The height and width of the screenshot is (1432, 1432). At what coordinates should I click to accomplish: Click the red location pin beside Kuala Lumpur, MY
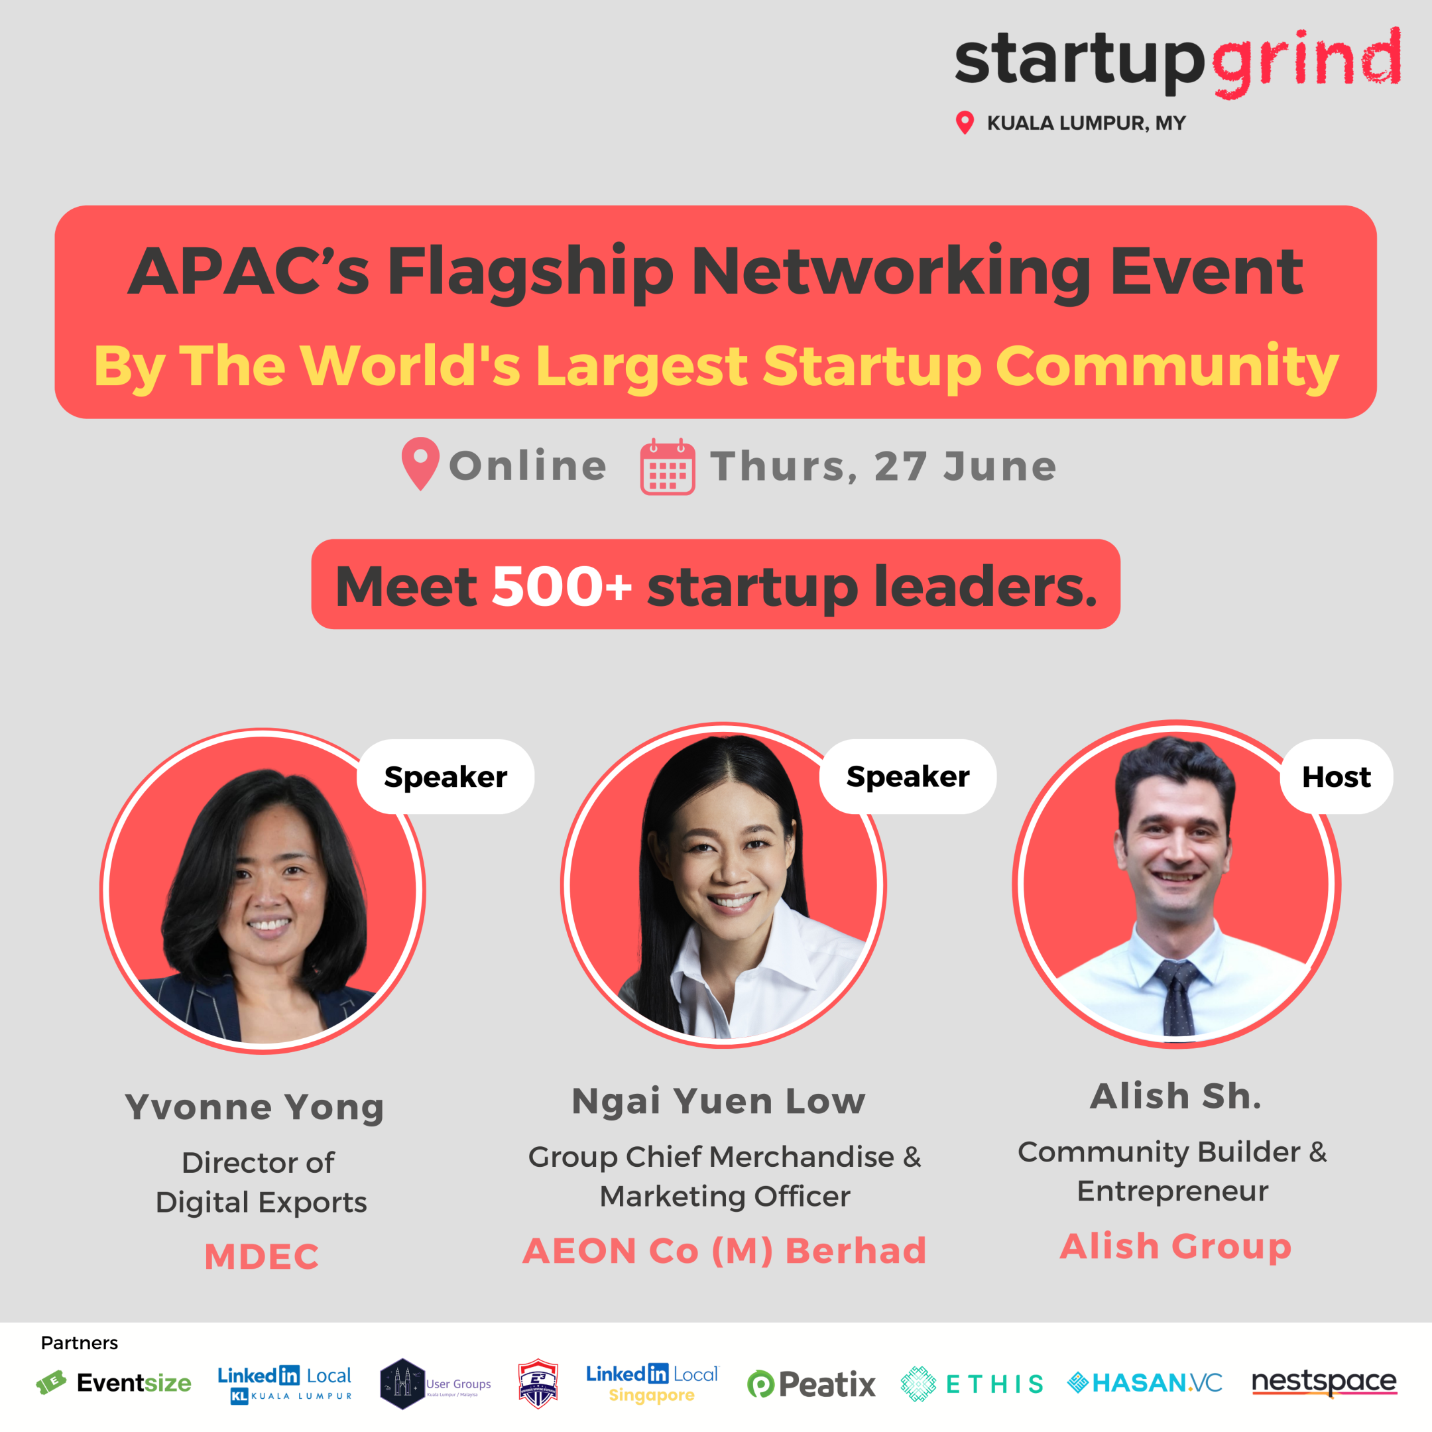(965, 122)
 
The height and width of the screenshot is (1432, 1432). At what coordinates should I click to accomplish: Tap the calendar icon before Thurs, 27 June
(667, 466)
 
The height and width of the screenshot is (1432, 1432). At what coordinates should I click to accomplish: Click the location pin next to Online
(420, 463)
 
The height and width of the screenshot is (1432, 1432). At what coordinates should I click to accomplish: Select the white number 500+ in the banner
(561, 586)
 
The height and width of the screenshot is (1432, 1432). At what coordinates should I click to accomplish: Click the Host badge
(1336, 777)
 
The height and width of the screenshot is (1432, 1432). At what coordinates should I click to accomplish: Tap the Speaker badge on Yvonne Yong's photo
(446, 777)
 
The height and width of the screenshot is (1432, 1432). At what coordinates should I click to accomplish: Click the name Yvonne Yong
(254, 1106)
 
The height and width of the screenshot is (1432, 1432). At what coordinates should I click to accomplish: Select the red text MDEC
(262, 1257)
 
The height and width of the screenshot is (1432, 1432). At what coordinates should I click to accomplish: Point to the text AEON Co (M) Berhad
(724, 1251)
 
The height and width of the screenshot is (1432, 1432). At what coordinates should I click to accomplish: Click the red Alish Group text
(1175, 1246)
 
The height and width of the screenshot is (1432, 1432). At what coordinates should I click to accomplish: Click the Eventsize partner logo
(114, 1383)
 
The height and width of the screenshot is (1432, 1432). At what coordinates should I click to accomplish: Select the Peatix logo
(811, 1384)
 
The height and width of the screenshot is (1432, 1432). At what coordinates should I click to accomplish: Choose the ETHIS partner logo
(973, 1384)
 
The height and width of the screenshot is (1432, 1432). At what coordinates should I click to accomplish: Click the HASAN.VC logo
(1145, 1383)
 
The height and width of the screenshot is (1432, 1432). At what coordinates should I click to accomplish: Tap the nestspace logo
(1324, 1382)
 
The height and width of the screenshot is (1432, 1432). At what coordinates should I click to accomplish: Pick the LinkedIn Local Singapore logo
(652, 1384)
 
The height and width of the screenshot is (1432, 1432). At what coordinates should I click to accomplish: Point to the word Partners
(80, 1343)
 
